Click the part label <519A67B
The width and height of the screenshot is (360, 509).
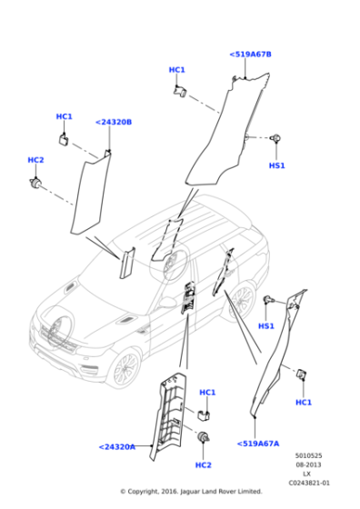pyautogui.click(x=250, y=55)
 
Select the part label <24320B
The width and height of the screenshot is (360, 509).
pyautogui.click(x=114, y=122)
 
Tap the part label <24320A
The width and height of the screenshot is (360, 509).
pyautogui.click(x=116, y=446)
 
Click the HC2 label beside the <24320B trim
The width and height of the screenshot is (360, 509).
pyautogui.click(x=35, y=160)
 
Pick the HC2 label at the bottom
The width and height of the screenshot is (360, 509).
pyautogui.click(x=203, y=464)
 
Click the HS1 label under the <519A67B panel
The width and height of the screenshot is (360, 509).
pyautogui.click(x=277, y=166)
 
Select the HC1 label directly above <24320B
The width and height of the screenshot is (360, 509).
pyautogui.click(x=64, y=116)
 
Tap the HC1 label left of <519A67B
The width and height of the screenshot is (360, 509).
pyautogui.click(x=176, y=70)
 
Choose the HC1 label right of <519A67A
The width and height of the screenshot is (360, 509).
pyautogui.click(x=304, y=402)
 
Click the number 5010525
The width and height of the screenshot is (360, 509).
pyautogui.click(x=307, y=456)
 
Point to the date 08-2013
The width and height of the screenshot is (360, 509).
pyautogui.click(x=307, y=465)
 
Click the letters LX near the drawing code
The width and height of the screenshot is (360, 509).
pyautogui.click(x=307, y=474)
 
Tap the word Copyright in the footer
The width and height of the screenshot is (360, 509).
pyautogui.click(x=154, y=492)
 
